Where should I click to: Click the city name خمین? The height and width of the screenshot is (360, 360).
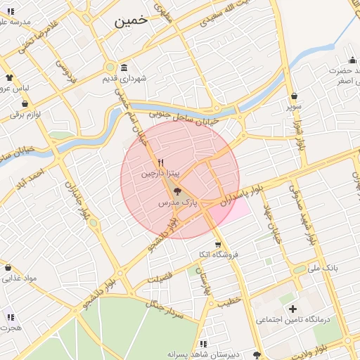point(131,20)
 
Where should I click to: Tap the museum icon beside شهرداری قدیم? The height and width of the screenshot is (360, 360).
point(124,67)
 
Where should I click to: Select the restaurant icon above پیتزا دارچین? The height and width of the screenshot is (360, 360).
point(162,162)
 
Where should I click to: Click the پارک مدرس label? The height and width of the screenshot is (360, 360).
point(175,202)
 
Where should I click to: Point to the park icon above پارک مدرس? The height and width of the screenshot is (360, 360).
point(176,191)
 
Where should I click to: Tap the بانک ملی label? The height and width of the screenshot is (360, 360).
point(323,269)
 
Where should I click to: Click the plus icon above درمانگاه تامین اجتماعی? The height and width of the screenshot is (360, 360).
point(292,309)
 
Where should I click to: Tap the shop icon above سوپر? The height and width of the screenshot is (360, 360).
point(293,96)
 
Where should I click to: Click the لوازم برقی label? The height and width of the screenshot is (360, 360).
point(26,113)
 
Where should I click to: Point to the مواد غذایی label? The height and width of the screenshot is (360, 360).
point(19,278)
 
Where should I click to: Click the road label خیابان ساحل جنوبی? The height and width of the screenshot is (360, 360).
point(186,116)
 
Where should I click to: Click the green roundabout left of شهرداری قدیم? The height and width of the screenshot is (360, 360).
point(110,67)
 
